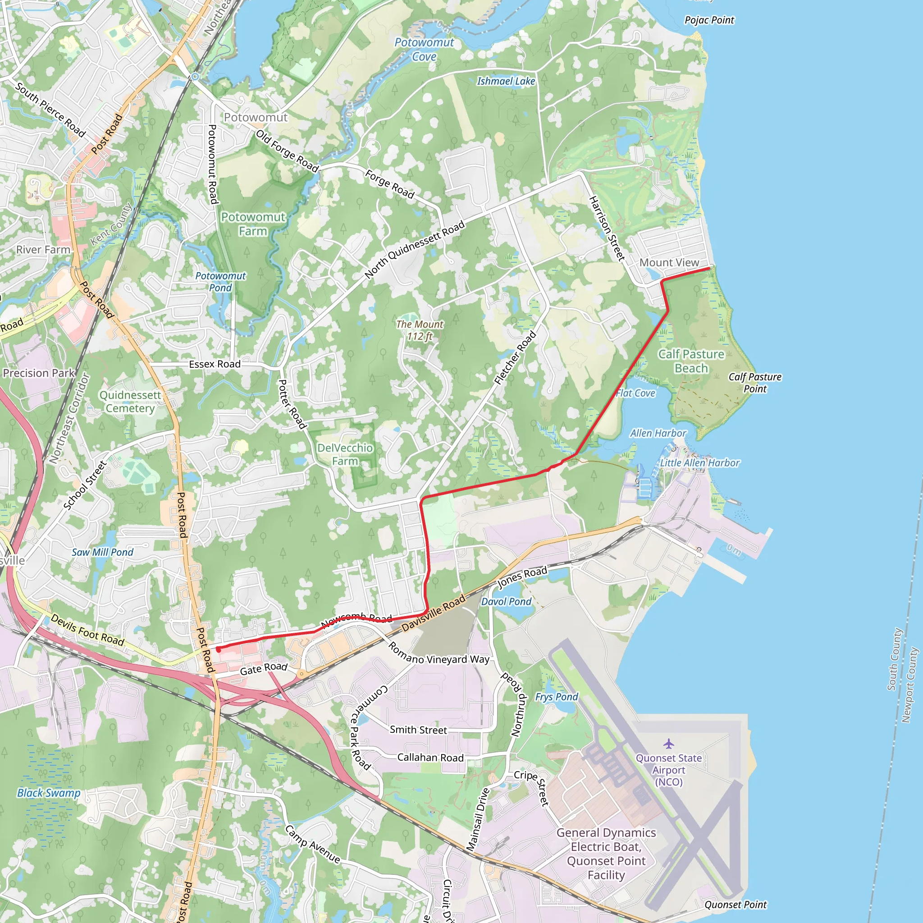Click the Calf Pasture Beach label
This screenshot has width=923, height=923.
691,361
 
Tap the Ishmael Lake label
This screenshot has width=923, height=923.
506,81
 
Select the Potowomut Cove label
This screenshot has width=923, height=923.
424,49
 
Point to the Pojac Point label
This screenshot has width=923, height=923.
709,20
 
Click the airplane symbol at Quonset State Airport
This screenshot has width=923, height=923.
668,743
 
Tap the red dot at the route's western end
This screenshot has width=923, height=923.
218,650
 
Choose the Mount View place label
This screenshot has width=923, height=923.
669,262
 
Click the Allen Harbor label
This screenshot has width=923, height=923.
658,433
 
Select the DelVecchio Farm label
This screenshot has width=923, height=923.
345,454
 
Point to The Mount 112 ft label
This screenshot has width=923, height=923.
420,330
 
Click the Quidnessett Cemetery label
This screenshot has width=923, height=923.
130,401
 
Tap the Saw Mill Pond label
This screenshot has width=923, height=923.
103,552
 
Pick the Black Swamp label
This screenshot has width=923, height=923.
49,793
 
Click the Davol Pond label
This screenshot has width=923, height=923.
506,602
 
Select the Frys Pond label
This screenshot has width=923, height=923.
557,697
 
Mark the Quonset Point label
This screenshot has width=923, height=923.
735,905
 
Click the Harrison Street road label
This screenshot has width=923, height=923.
607,228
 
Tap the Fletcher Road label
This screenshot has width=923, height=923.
516,357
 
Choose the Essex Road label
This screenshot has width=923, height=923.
215,364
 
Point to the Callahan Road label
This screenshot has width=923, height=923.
430,758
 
